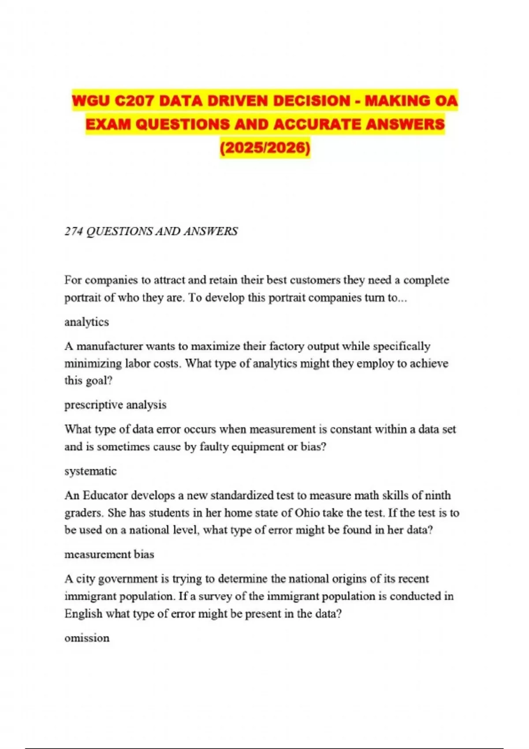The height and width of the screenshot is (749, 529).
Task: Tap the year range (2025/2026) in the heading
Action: pos(265,147)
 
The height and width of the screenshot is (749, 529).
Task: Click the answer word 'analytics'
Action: pos(86,322)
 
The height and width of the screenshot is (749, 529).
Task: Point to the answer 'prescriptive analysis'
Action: pos(115,405)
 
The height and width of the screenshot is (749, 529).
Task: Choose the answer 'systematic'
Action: pos(90,471)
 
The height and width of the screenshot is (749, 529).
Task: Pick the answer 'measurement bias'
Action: pos(109,554)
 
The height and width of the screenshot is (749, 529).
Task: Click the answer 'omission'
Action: pos(87,638)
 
